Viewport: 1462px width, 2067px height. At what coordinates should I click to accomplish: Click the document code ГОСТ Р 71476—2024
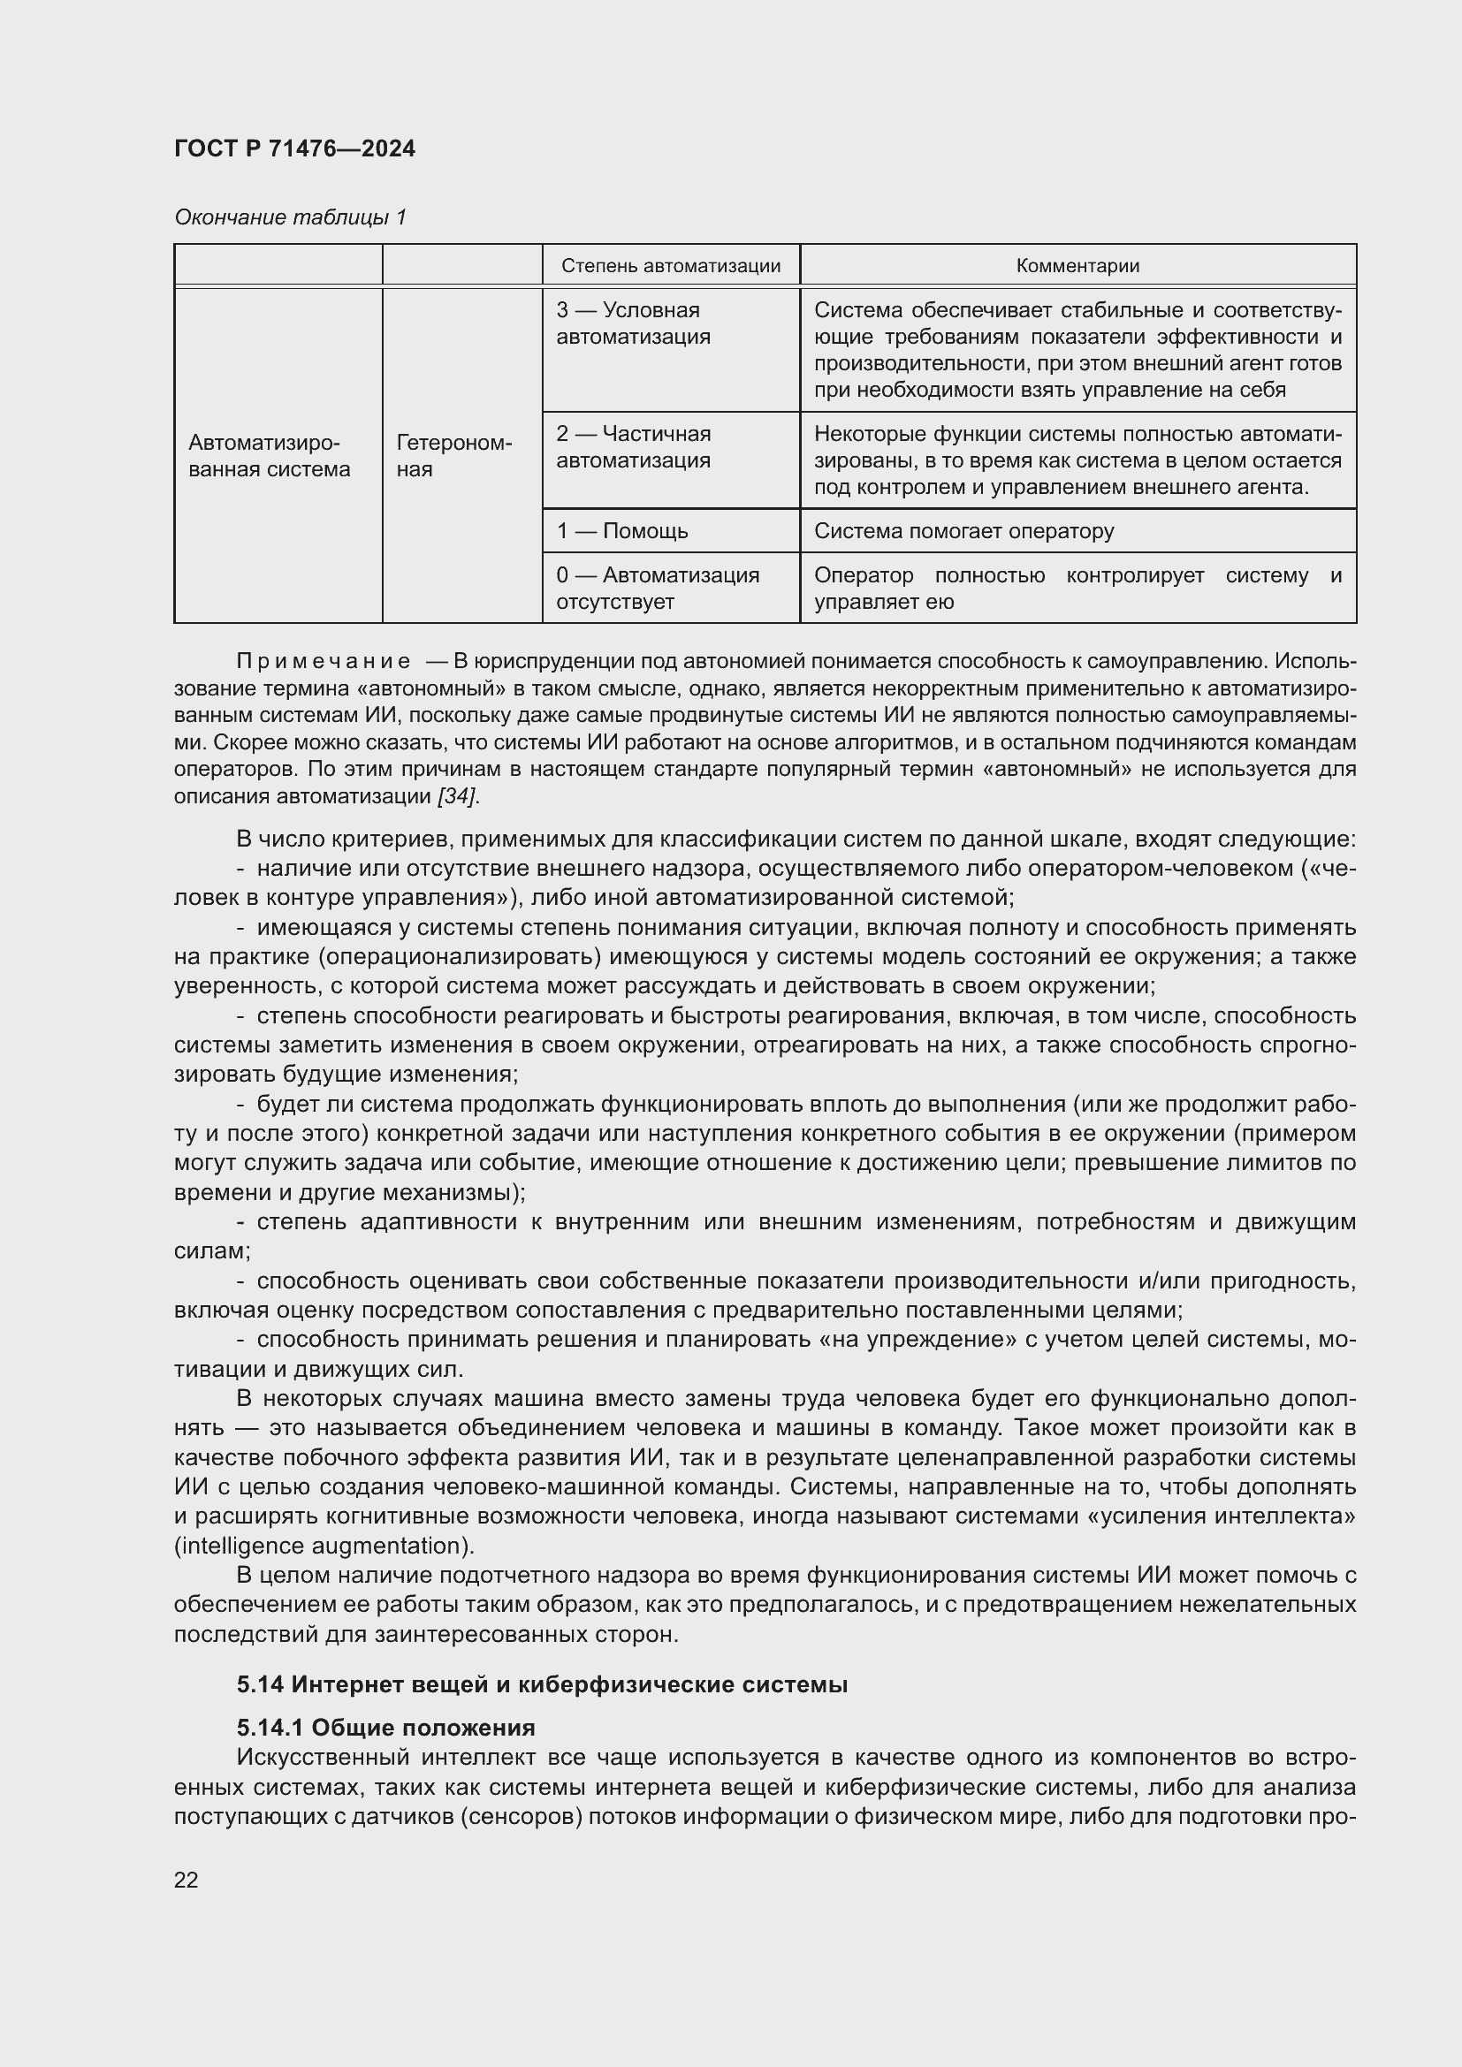pyautogui.click(x=294, y=149)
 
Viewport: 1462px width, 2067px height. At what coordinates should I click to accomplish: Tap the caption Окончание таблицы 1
pyautogui.click(x=290, y=217)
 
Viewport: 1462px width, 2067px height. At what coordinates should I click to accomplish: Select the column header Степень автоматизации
pyautogui.click(x=670, y=266)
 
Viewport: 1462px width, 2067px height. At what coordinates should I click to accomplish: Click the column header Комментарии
pyautogui.click(x=1077, y=266)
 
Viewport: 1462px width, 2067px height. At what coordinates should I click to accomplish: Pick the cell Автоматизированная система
pyautogui.click(x=269, y=455)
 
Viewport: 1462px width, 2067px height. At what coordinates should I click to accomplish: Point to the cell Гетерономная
pyautogui.click(x=453, y=455)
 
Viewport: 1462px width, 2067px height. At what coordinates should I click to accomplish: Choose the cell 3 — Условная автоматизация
pyautogui.click(x=633, y=323)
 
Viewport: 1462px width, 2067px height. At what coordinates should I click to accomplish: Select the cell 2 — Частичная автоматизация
pyautogui.click(x=633, y=446)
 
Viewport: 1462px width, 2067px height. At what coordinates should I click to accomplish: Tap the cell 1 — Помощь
pyautogui.click(x=622, y=531)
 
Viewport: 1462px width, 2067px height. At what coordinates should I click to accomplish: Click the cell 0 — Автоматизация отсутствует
pyautogui.click(x=657, y=588)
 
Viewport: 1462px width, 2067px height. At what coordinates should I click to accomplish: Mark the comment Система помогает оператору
pyautogui.click(x=963, y=531)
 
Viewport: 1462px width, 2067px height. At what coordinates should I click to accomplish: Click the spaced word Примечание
pyautogui.click(x=324, y=662)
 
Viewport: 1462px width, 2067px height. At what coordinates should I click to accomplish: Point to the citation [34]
pyautogui.click(x=457, y=796)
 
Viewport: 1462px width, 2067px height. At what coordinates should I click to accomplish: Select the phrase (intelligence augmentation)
pyautogui.click(x=324, y=1546)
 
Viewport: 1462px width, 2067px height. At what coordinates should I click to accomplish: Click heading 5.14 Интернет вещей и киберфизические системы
pyautogui.click(x=542, y=1684)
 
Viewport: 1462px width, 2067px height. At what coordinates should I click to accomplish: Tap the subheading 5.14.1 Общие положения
pyautogui.click(x=386, y=1728)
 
